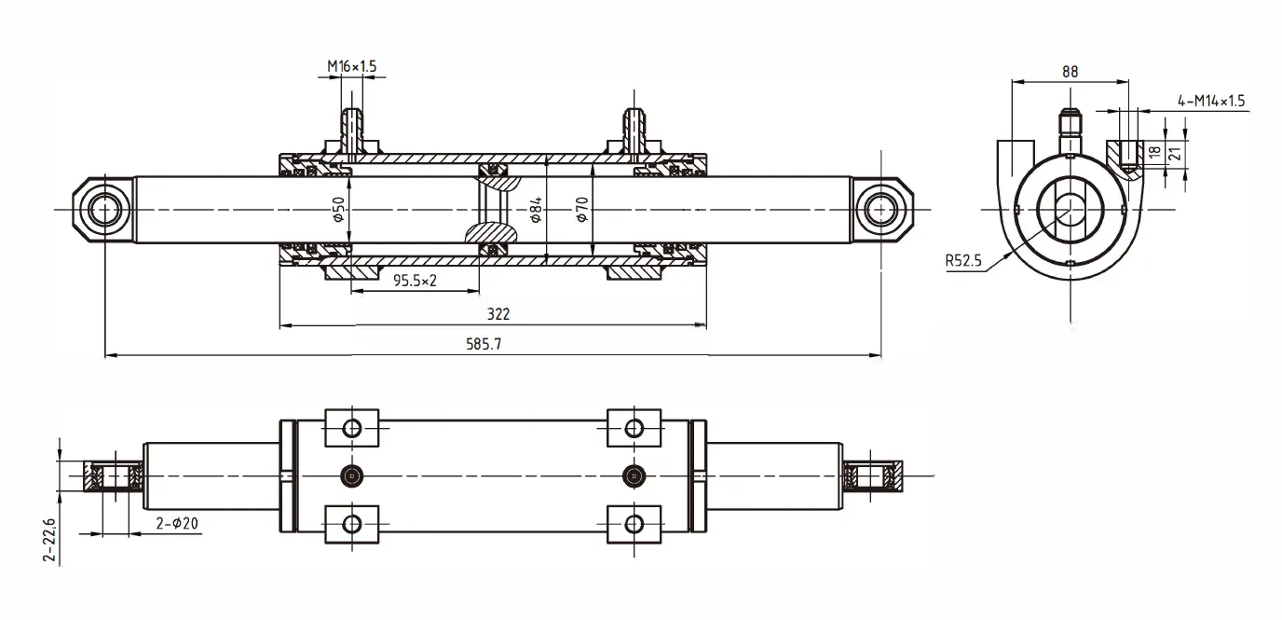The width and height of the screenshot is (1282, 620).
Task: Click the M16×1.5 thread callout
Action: click(x=351, y=67)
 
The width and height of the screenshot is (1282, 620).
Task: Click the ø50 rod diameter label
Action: click(x=339, y=209)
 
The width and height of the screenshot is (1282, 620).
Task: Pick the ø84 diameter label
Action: click(x=537, y=211)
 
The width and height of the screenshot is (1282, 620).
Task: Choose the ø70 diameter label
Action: click(x=581, y=209)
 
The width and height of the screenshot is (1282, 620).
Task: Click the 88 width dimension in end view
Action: click(x=1070, y=71)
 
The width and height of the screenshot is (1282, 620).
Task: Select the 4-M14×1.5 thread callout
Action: click(x=1211, y=101)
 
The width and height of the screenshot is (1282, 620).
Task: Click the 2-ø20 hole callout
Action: click(x=177, y=525)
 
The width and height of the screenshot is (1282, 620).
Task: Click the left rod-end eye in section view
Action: click(x=103, y=211)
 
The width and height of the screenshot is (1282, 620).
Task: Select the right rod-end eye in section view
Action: click(x=880, y=211)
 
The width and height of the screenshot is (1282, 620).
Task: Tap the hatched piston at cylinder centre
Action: click(x=494, y=211)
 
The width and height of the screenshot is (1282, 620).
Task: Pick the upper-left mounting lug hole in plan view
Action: click(x=351, y=428)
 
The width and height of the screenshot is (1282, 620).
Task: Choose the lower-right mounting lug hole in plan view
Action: click(x=634, y=523)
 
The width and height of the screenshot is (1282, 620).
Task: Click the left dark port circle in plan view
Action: click(x=351, y=475)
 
